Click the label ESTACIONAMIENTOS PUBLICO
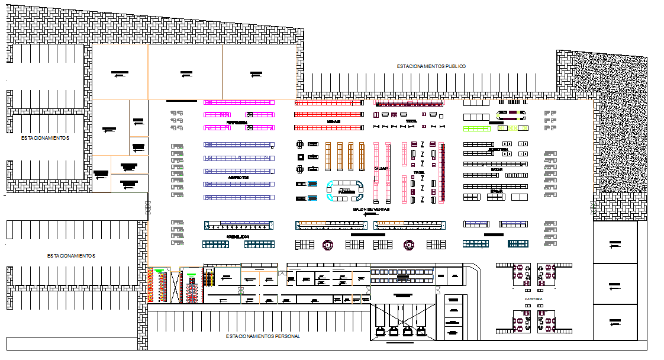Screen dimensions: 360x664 click(431, 66)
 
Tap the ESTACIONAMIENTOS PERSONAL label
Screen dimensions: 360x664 click(263, 336)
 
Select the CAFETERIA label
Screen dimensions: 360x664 click(533, 299)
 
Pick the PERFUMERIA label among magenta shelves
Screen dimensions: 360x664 click(237, 123)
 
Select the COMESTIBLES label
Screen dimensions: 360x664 click(238, 236)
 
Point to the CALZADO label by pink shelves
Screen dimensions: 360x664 click(380, 168)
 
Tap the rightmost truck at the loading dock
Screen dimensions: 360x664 click(421, 331)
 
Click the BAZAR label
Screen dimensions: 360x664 click(496, 169)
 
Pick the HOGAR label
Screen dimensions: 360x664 click(496, 191)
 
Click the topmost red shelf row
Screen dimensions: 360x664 click(329, 102)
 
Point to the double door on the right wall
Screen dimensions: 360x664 click(593, 207)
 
